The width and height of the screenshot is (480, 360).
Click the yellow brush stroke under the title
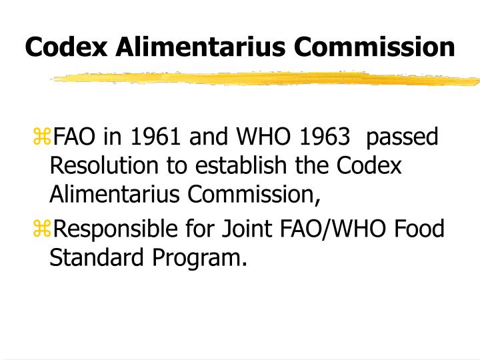coord(267,79)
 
